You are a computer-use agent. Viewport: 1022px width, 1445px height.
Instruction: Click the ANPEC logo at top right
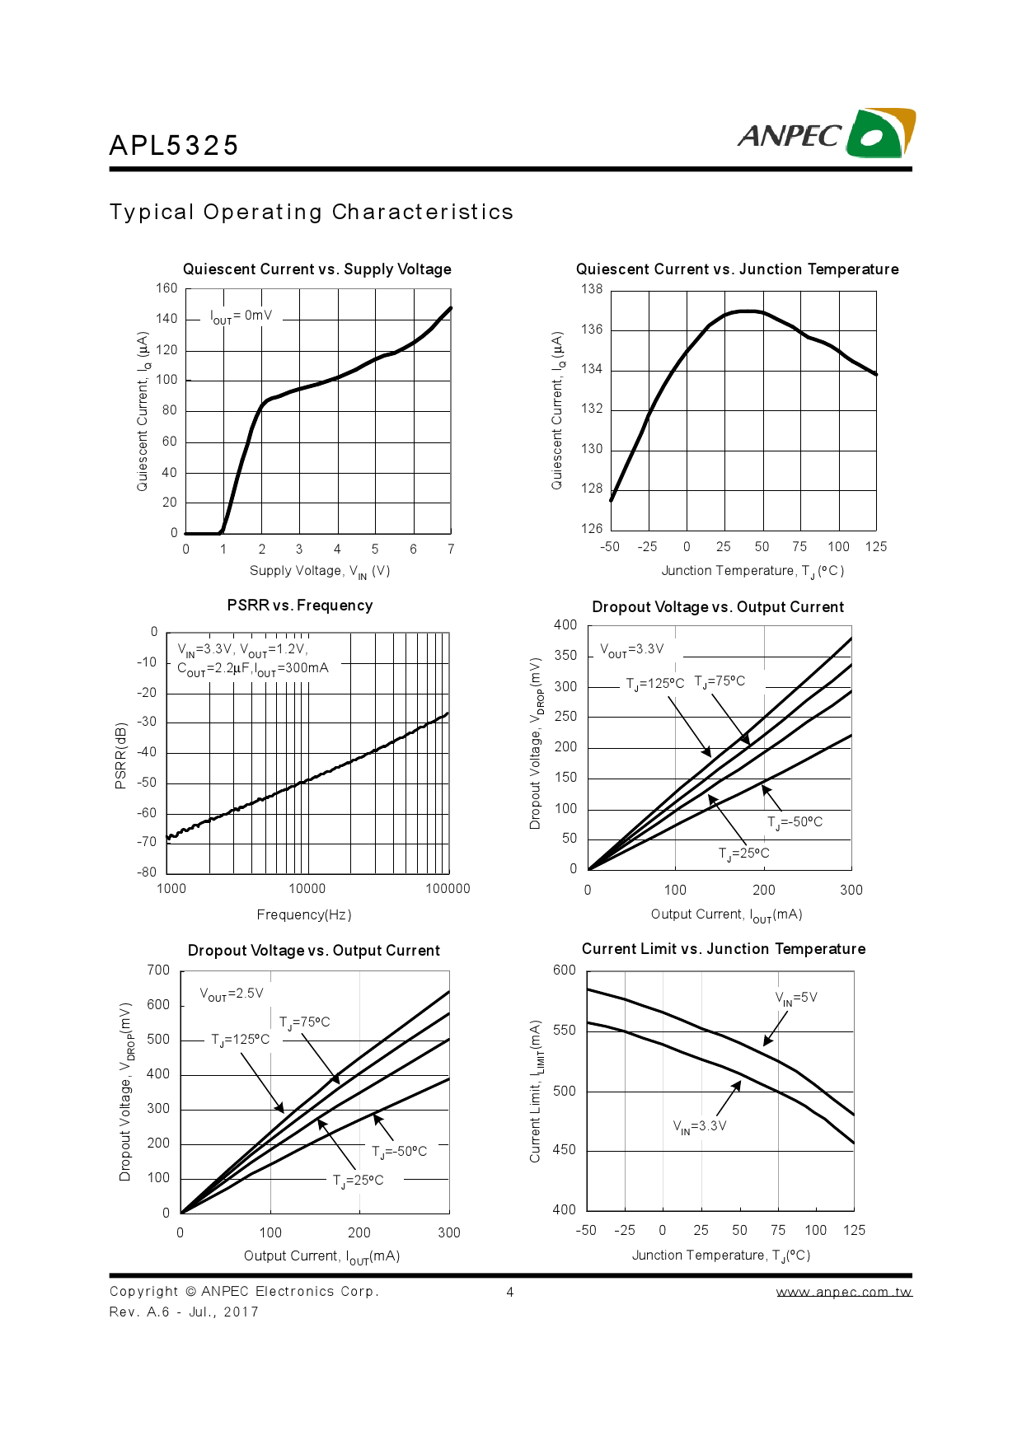826,133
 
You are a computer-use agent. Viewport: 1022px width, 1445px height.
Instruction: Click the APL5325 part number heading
174,146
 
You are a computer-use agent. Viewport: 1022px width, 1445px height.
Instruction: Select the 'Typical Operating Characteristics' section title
312,213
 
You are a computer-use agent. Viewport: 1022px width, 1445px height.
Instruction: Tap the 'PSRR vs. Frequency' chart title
300,606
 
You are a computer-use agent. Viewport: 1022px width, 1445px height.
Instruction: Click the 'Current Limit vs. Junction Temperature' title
724,949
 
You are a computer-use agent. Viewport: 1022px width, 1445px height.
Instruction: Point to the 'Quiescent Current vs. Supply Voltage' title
317,269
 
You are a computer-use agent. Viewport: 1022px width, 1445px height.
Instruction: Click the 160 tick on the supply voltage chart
166,288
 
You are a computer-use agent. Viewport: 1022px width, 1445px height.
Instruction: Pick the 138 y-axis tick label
592,289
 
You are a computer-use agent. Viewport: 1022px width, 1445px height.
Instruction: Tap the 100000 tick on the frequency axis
448,889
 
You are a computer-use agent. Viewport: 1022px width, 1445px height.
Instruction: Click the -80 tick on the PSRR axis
147,872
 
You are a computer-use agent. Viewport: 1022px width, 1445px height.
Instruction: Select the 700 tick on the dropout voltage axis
158,970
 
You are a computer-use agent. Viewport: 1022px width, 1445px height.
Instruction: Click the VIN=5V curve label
796,998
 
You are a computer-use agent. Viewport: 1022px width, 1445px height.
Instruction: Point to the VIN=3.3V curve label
700,1127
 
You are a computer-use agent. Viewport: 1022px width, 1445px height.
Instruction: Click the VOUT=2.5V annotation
232,994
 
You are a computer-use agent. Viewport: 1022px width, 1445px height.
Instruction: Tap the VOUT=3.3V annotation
632,650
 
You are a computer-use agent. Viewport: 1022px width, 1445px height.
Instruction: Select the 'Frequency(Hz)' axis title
304,914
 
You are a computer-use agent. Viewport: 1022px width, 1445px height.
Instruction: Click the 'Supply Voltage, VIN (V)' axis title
320,572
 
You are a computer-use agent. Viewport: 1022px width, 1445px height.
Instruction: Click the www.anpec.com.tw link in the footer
844,1292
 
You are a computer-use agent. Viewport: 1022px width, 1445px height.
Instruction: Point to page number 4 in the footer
510,1292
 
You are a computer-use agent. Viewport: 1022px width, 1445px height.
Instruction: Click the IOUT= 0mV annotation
241,316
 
